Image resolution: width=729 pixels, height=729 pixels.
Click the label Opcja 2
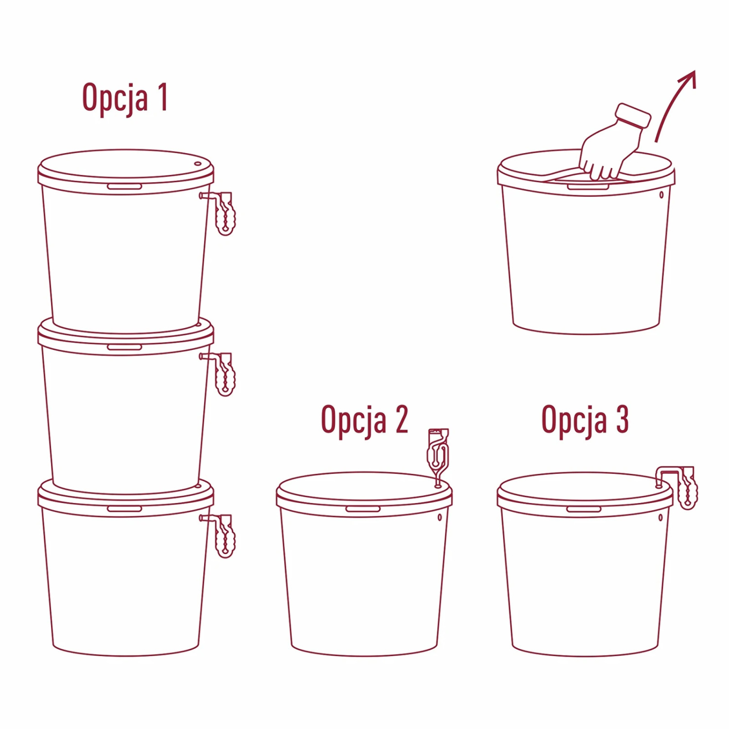pyautogui.click(x=364, y=420)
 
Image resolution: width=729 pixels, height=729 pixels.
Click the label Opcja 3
pyautogui.click(x=585, y=420)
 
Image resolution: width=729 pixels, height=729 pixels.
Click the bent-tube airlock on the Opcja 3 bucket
pyautogui.click(x=677, y=486)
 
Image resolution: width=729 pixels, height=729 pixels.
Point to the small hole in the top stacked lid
pyautogui.click(x=198, y=164)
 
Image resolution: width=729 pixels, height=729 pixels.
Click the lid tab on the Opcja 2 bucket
pyautogui.click(x=363, y=509)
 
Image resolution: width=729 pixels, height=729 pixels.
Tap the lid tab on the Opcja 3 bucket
pyautogui.click(x=584, y=509)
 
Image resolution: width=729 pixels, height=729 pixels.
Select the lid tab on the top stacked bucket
pyautogui.click(x=124, y=187)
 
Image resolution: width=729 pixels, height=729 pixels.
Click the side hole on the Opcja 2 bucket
pyautogui.click(x=440, y=518)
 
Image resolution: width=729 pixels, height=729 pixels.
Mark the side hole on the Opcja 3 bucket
pyautogui.click(x=660, y=518)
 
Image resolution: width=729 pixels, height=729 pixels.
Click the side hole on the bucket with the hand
pyautogui.click(x=661, y=195)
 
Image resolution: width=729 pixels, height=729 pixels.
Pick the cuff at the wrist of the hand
pyautogui.click(x=633, y=115)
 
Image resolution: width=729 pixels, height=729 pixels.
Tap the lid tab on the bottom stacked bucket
pyautogui.click(x=124, y=509)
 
